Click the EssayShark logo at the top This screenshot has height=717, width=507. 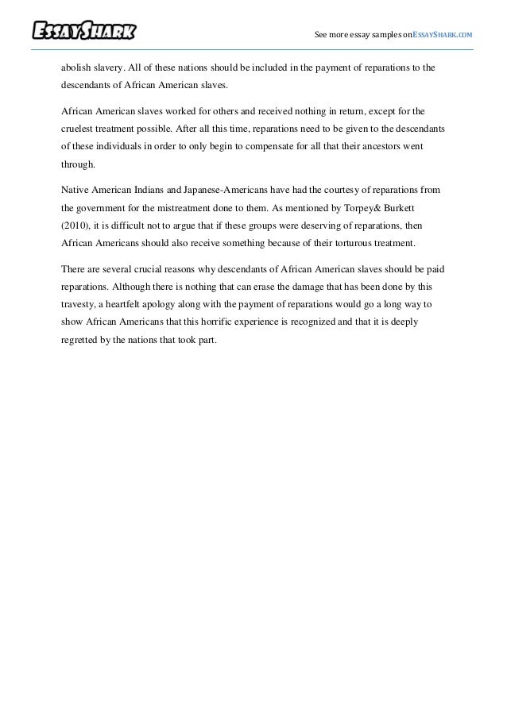click(x=84, y=32)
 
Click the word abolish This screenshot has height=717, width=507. click(x=76, y=67)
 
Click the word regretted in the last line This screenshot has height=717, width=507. click(x=82, y=340)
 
